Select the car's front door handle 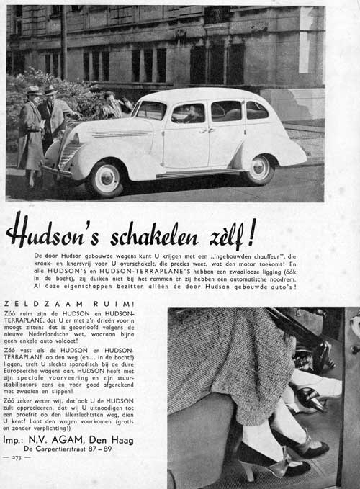pos(204,130)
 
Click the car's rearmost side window pos(256,110)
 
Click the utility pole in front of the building pos(63,43)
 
